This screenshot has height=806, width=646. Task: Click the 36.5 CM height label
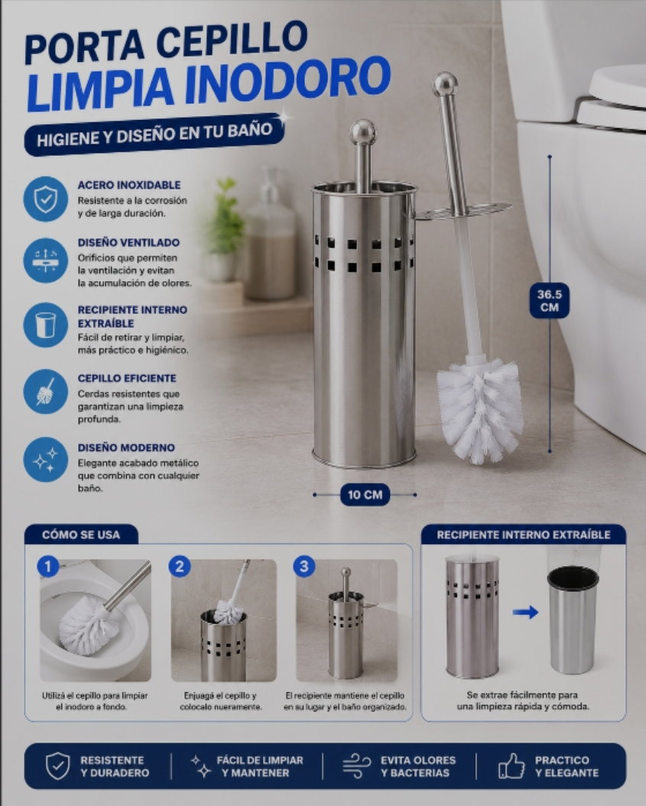click(550, 301)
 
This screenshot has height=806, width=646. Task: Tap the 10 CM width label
click(365, 494)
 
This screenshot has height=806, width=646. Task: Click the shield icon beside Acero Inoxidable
click(45, 199)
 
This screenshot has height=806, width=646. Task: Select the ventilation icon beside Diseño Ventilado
click(45, 260)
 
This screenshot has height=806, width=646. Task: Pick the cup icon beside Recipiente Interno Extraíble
click(45, 325)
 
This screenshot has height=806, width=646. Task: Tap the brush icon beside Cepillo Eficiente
click(45, 392)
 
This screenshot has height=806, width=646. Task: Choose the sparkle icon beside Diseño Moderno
click(45, 460)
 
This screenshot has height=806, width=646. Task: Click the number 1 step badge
click(48, 567)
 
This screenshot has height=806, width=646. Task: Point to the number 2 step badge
click(180, 566)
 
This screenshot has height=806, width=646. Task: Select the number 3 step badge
click(304, 566)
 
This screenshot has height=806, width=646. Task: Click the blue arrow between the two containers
click(526, 612)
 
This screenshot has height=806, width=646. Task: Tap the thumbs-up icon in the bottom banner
click(511, 766)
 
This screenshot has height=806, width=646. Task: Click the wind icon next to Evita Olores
click(356, 766)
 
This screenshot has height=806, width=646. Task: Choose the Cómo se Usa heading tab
click(81, 535)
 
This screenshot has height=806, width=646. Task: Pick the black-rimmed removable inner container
click(573, 620)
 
